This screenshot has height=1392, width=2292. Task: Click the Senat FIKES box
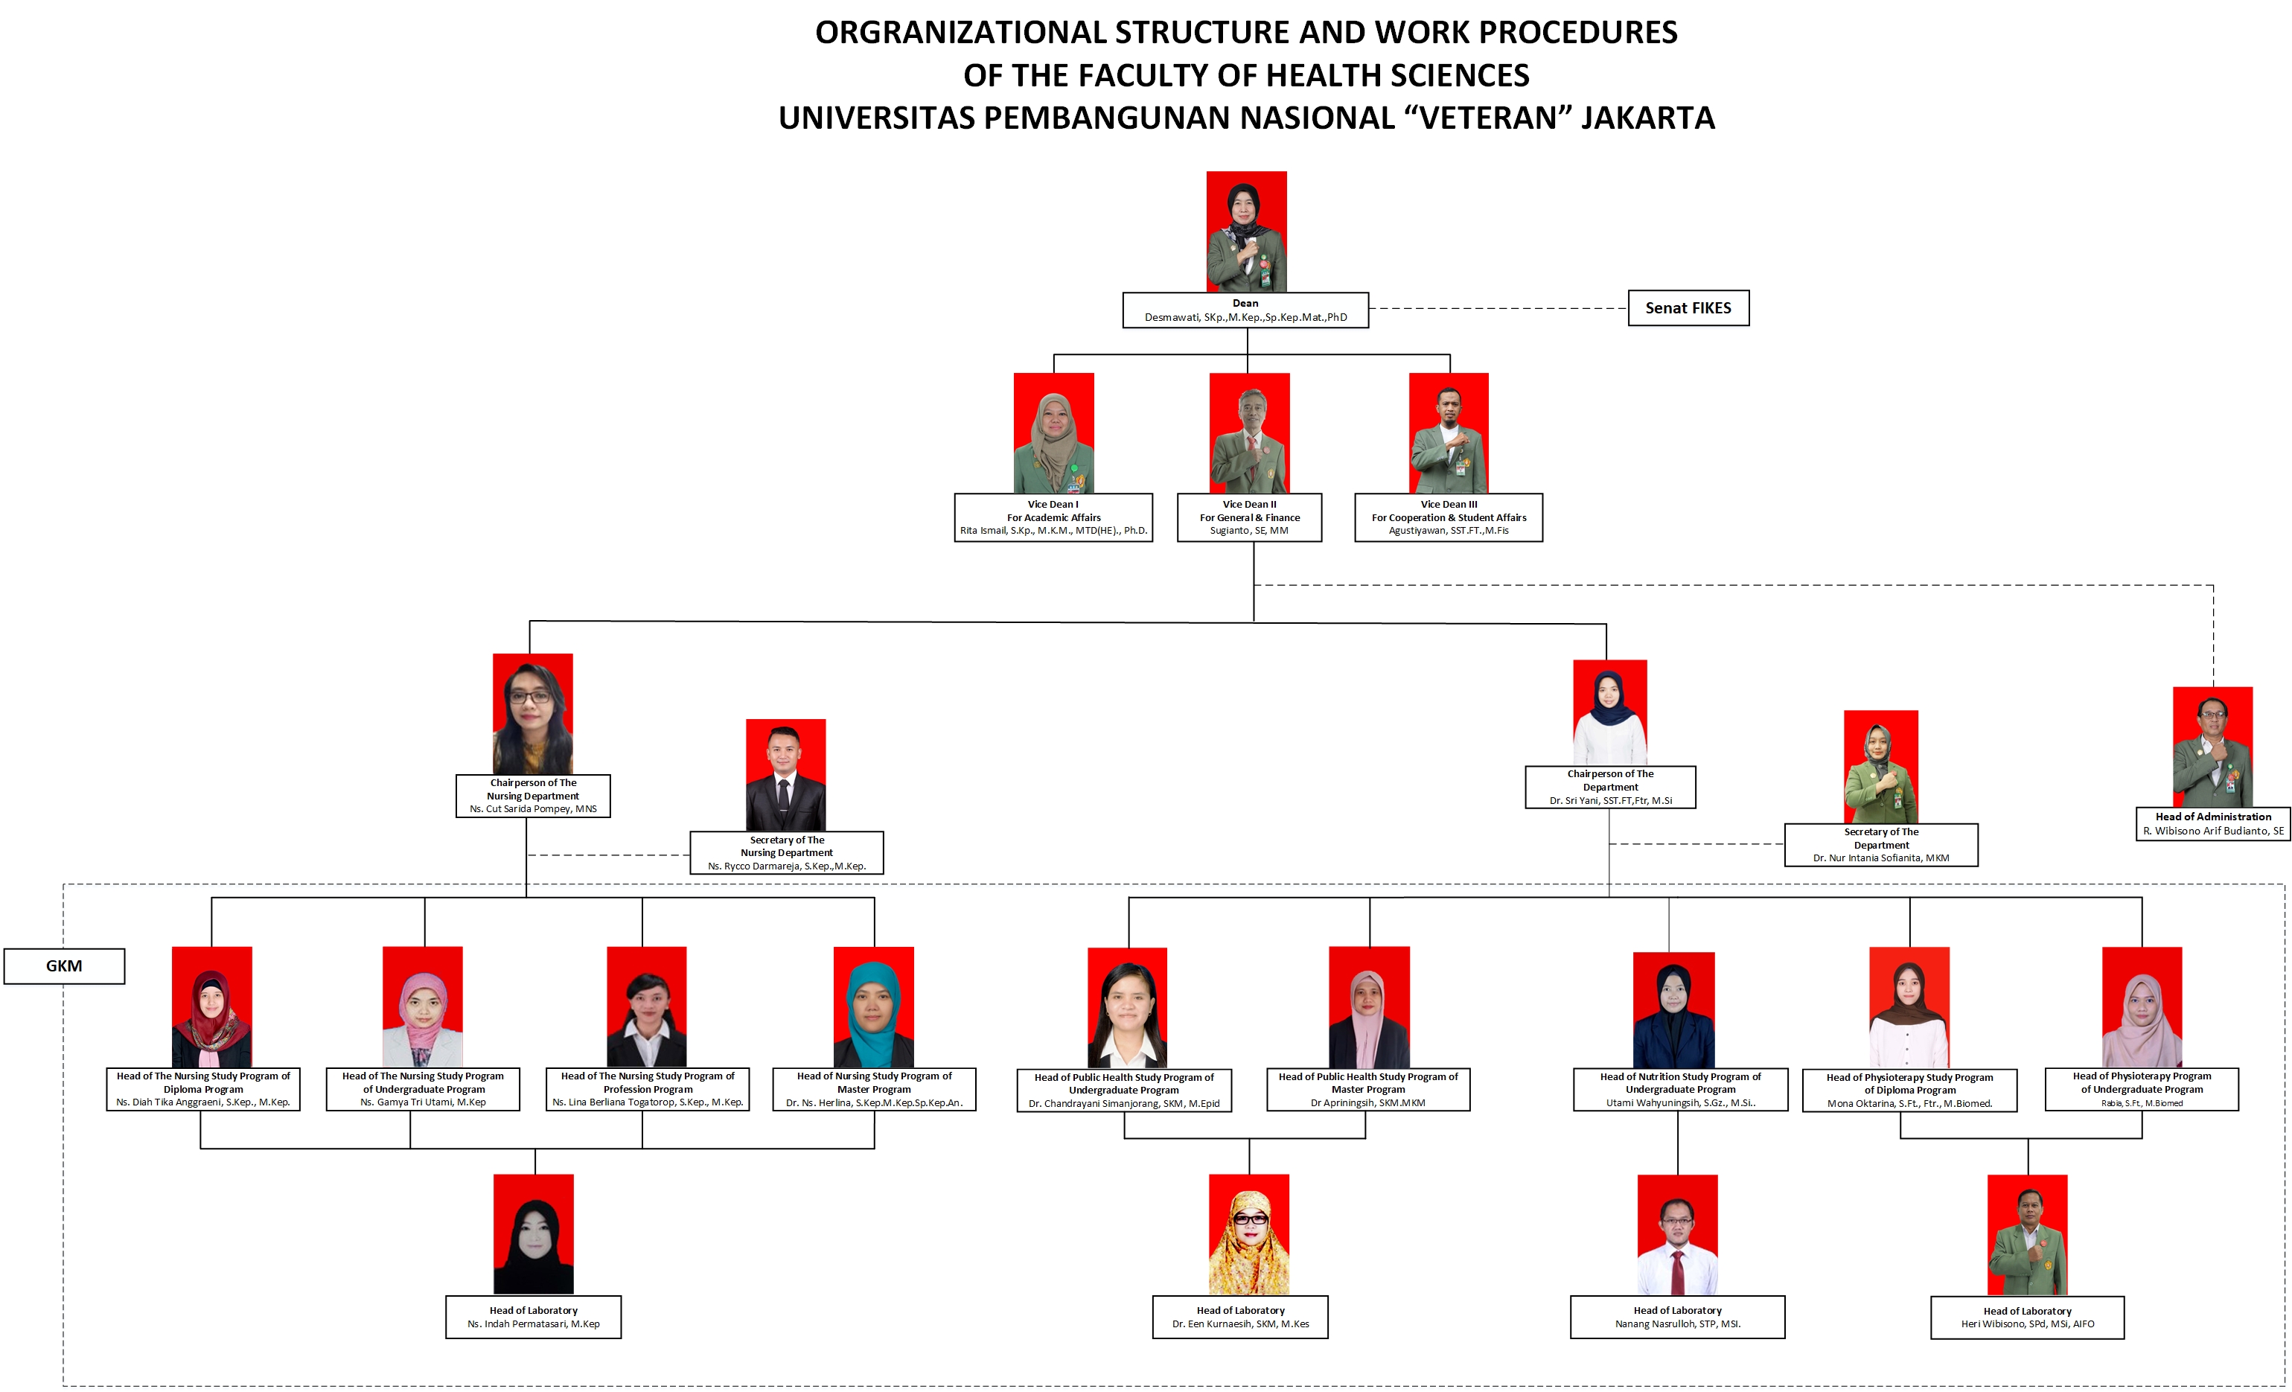(x=1688, y=308)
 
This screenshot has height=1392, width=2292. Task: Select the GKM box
(x=64, y=966)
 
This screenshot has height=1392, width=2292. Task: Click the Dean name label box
(x=1245, y=310)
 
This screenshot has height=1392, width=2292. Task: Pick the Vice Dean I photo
(x=1053, y=432)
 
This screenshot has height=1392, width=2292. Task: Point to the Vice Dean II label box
(x=1249, y=517)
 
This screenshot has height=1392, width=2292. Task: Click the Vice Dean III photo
(x=1449, y=432)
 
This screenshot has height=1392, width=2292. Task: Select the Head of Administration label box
(x=2213, y=823)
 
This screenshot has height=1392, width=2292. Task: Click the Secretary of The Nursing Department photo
(x=785, y=774)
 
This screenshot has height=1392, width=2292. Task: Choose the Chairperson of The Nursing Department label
(x=533, y=796)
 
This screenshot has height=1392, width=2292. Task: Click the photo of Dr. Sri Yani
(x=1609, y=712)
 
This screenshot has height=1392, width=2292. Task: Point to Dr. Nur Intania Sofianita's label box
(x=1881, y=845)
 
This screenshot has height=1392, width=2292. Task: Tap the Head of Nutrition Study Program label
(x=1680, y=1090)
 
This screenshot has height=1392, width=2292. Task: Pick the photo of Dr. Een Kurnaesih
(x=1248, y=1234)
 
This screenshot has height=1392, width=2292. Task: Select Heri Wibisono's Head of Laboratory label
(x=2027, y=1318)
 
